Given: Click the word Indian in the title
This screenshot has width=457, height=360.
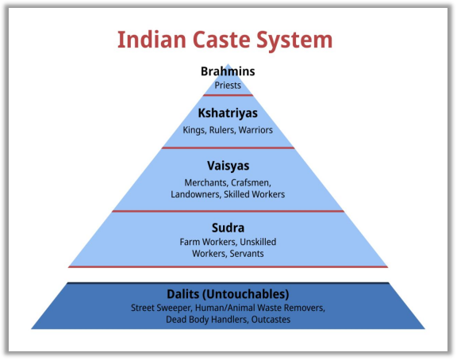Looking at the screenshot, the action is click(152, 40).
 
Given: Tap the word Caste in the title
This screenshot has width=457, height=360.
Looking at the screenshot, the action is click(221, 40).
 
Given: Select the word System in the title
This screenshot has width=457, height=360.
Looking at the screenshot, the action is click(294, 40).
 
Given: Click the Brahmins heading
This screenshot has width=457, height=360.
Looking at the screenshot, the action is click(228, 71).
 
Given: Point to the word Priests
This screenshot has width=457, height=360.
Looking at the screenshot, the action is click(228, 86).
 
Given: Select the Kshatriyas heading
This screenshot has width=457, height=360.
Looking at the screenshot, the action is click(228, 113).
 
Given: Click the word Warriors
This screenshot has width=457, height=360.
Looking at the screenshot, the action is click(255, 130).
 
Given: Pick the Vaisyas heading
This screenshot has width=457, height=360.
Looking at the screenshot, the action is click(228, 166).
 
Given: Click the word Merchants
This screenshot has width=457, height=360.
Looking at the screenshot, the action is click(206, 183).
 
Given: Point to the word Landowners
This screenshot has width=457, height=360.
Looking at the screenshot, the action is click(196, 194).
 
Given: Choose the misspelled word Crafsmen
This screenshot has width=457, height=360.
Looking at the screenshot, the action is click(251, 183).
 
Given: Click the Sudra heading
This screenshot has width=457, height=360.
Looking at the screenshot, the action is click(228, 228).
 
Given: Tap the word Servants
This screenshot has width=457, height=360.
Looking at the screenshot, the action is click(247, 254).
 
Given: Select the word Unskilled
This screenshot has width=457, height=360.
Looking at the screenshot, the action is click(258, 242).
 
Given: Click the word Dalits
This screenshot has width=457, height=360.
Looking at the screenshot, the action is click(182, 294).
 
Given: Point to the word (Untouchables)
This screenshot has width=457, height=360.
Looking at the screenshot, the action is click(245, 294).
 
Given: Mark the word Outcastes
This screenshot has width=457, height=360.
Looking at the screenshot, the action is click(271, 320).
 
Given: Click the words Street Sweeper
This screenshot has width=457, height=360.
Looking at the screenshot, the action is click(161, 308).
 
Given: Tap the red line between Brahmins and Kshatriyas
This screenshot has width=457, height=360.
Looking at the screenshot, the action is click(228, 95).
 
